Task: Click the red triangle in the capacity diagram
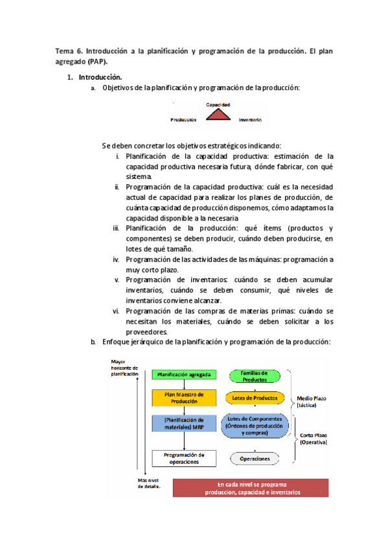(218, 115)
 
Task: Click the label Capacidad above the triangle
(218, 104)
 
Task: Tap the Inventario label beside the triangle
(251, 120)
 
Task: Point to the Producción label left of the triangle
(184, 120)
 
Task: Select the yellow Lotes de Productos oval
(255, 398)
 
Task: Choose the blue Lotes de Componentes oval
(254, 425)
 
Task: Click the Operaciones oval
(255, 459)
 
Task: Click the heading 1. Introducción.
(99, 77)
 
